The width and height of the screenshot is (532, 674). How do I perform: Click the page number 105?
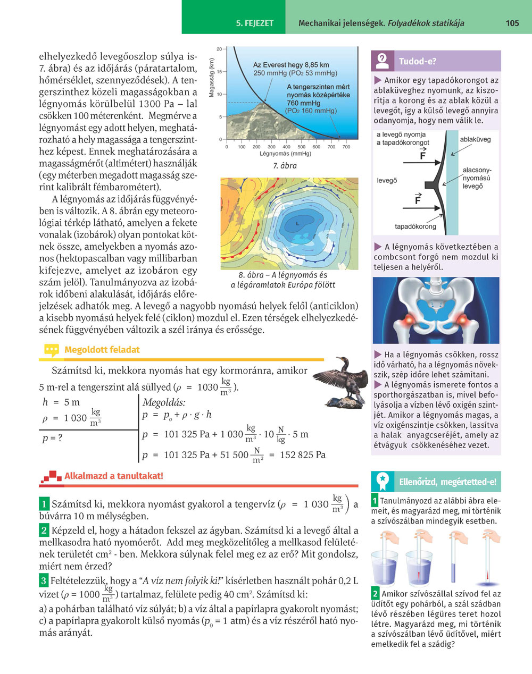[x=512, y=23]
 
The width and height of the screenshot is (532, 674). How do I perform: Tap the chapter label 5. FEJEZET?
[x=255, y=23]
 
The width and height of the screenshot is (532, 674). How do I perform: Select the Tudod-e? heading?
[x=418, y=61]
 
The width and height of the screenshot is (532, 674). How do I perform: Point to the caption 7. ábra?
[x=285, y=166]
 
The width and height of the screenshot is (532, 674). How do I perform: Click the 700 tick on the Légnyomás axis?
[x=346, y=147]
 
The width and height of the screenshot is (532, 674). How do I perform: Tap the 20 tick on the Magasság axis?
[x=220, y=49]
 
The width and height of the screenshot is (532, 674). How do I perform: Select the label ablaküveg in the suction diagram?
[x=475, y=139]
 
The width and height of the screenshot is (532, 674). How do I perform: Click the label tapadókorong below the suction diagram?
[x=415, y=226]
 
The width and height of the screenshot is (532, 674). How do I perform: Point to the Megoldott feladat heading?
[x=102, y=350]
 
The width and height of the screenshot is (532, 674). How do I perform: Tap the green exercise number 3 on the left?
[x=44, y=580]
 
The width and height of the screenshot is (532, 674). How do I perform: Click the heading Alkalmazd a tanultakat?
[x=113, y=476]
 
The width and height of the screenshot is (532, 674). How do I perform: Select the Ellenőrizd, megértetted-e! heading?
[x=447, y=482]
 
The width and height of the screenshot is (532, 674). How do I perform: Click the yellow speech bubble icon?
[x=52, y=350]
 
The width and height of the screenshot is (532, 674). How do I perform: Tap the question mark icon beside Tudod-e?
[x=382, y=61]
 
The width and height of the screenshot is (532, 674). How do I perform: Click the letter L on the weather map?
[x=297, y=224]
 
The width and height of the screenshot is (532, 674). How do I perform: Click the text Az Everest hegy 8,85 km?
[x=291, y=65]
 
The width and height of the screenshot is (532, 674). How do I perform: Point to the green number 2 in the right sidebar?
[x=375, y=594]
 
